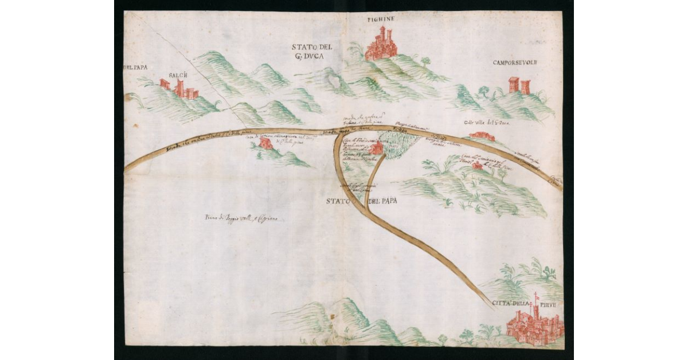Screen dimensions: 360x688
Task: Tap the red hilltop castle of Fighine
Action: [x=381, y=45]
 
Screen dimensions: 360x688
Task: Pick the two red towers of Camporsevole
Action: [x=519, y=85]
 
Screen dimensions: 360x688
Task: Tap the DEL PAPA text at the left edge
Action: [x=136, y=67]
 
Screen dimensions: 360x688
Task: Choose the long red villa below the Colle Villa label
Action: [x=482, y=136]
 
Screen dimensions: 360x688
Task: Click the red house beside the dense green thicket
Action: [x=377, y=149]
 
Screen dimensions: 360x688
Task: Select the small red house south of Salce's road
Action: [x=265, y=143]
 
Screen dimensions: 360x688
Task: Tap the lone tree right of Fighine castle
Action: [x=425, y=60]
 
